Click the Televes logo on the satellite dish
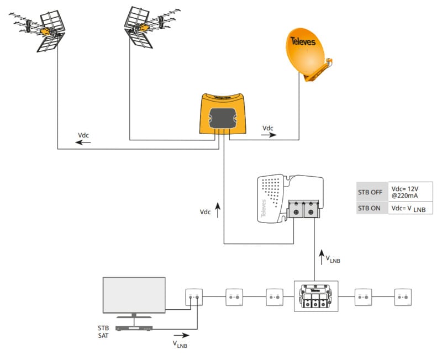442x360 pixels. click(304, 41)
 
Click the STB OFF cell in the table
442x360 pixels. click(372, 192)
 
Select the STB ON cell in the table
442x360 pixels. click(372, 208)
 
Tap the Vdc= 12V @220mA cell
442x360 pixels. click(410, 192)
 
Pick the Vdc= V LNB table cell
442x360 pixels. click(410, 208)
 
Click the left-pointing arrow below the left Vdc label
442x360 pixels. click(83, 142)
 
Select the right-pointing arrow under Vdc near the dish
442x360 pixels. click(269, 135)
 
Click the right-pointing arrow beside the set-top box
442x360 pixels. click(181, 335)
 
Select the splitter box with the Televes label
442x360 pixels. click(315, 297)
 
